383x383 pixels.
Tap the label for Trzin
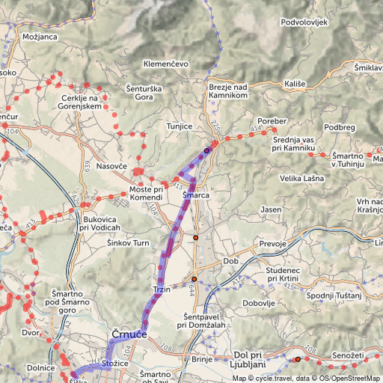click(x=162, y=289)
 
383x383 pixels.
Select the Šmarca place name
click(x=195, y=195)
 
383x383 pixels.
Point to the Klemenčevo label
click(x=166, y=64)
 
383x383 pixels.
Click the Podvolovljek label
click(x=304, y=22)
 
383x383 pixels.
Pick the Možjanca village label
click(x=40, y=36)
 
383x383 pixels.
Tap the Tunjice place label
click(x=180, y=126)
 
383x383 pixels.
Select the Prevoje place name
click(x=273, y=244)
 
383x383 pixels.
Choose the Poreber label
click(x=272, y=120)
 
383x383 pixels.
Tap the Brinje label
click(x=203, y=360)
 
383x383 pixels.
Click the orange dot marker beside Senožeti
click(x=297, y=360)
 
